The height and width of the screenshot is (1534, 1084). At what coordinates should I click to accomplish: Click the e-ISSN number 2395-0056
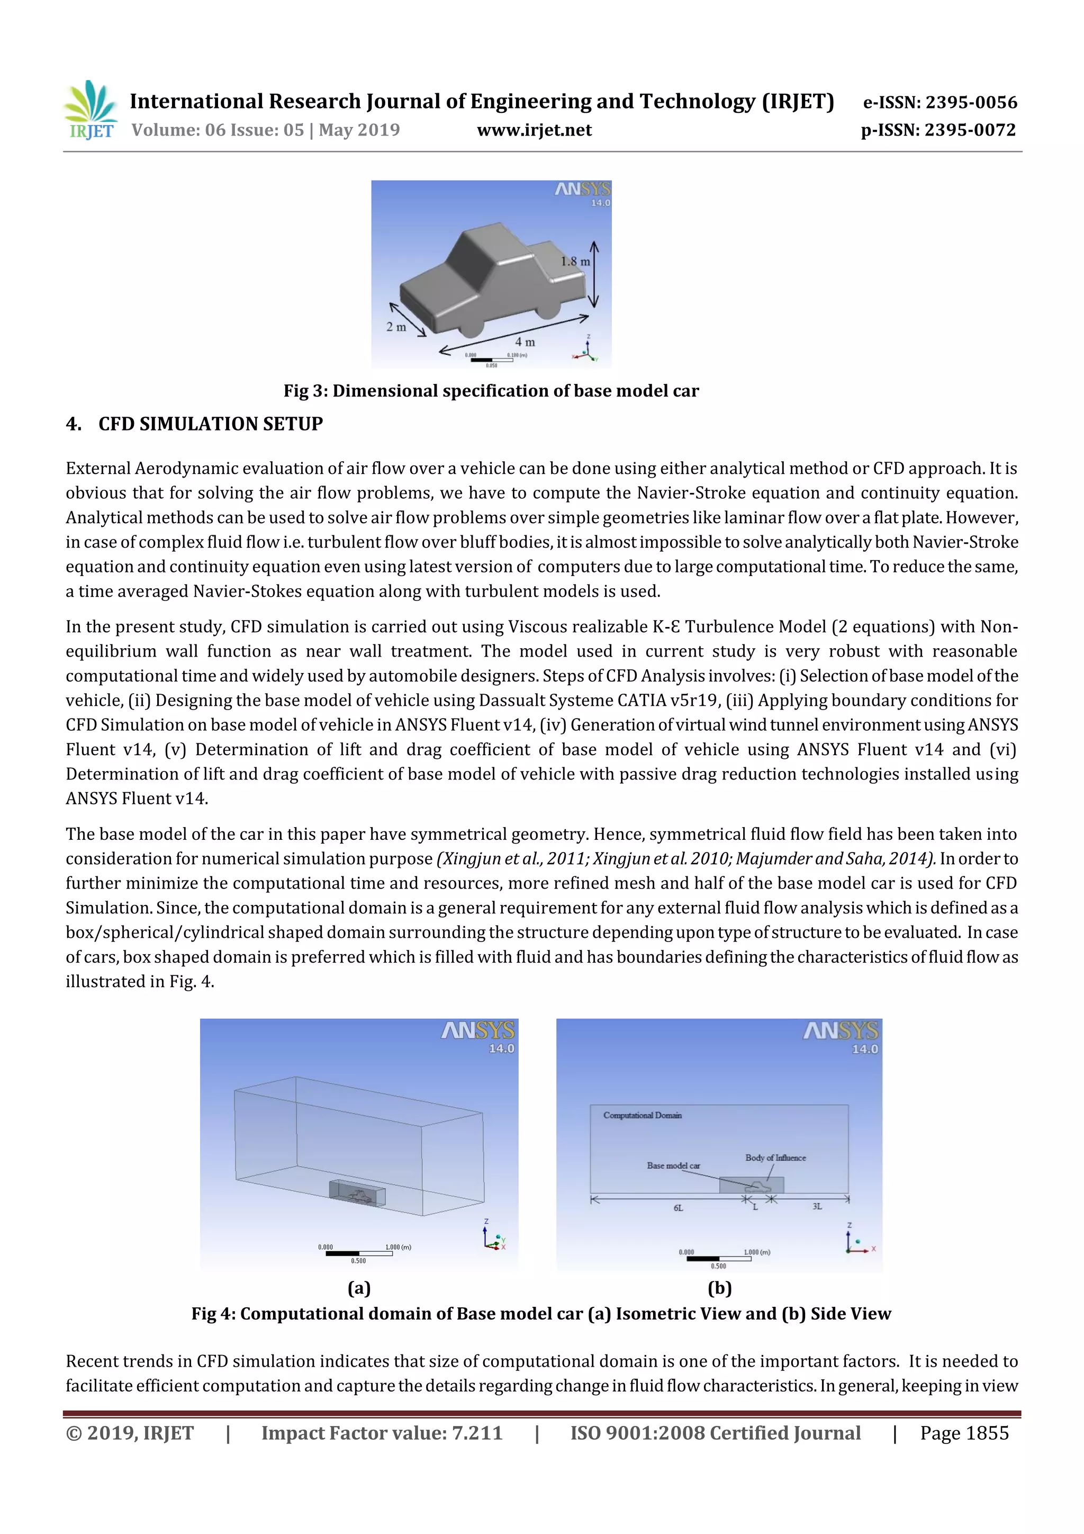point(970,102)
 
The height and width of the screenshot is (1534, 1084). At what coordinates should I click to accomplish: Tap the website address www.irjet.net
point(534,130)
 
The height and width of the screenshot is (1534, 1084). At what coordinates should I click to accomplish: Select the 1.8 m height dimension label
point(575,261)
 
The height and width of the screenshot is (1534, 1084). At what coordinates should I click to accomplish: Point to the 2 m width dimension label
point(396,327)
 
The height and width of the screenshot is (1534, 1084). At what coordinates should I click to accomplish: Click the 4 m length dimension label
point(525,342)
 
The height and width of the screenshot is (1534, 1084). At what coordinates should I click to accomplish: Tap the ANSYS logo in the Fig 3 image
point(582,190)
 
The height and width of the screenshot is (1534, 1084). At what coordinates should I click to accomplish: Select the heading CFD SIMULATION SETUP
point(210,424)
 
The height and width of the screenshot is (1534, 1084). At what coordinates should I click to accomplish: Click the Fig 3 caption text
point(491,391)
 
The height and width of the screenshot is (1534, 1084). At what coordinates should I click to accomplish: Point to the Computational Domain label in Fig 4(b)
point(642,1115)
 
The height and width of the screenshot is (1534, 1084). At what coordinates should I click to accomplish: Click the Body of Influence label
point(775,1158)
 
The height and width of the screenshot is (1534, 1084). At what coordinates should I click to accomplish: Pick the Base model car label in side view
point(673,1165)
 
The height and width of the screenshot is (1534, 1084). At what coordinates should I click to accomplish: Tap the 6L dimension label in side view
point(678,1208)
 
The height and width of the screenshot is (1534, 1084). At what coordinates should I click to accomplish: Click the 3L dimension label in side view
point(817,1207)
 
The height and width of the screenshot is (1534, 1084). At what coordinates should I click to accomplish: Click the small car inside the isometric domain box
point(359,1195)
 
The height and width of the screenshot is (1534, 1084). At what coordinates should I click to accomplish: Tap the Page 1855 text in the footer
point(964,1432)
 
